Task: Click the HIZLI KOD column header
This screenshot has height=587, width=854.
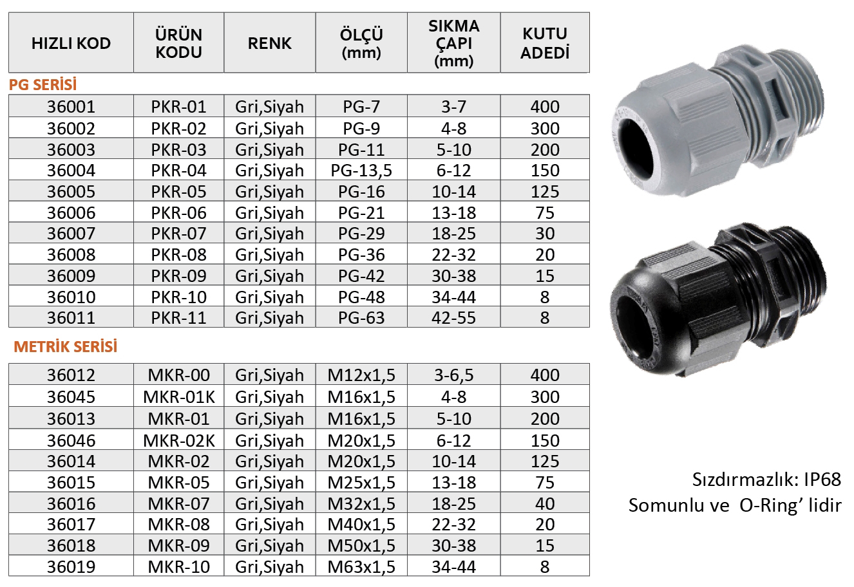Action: click(71, 43)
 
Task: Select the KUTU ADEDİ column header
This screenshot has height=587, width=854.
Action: click(545, 43)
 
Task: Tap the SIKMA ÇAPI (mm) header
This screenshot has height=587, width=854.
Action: click(453, 43)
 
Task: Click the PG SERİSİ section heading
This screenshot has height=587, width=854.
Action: click(43, 84)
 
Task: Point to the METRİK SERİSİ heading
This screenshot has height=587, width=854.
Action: click(65, 346)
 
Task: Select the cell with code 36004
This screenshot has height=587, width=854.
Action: click(71, 170)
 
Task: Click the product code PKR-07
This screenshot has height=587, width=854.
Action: click(178, 233)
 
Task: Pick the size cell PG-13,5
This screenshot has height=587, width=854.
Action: click(361, 170)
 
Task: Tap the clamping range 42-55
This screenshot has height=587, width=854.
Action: click(453, 318)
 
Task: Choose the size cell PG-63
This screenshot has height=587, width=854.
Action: click(361, 318)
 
